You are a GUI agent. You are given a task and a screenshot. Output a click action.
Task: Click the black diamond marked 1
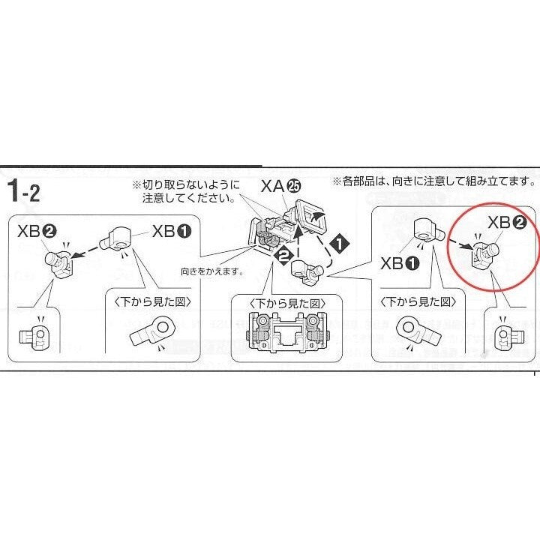coord(340,244)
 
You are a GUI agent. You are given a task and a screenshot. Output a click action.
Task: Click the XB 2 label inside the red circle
coord(507,223)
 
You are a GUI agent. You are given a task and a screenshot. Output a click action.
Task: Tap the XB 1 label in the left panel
coord(172,231)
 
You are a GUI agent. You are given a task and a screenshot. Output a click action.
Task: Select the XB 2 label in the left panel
coord(37,232)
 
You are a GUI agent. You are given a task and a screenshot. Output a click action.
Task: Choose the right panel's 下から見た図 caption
coord(418,301)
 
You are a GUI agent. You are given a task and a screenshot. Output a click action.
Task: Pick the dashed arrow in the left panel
coord(89,249)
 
